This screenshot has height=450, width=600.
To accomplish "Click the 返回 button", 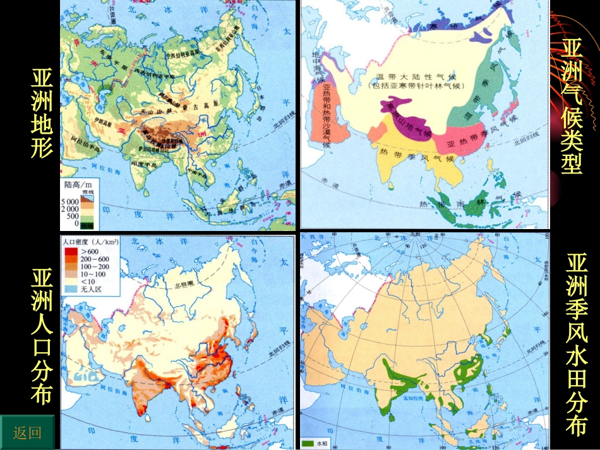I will click(x=27, y=432).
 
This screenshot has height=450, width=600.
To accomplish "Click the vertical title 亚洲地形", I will click(x=42, y=114).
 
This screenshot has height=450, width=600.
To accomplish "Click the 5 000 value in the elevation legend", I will click(x=70, y=201).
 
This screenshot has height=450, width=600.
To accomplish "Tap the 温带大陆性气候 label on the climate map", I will click(x=417, y=75).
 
